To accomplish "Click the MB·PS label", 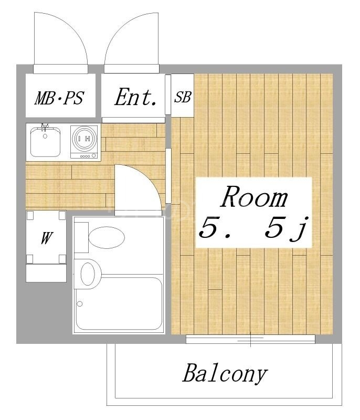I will pyautogui.click(x=59, y=98).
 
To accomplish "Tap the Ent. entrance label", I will pyautogui.click(x=136, y=98).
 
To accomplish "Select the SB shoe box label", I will pyautogui.click(x=183, y=97).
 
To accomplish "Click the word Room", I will pyautogui.click(x=255, y=198).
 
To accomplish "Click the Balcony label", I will pyautogui.click(x=225, y=374).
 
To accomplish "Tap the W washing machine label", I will pyautogui.click(x=46, y=238).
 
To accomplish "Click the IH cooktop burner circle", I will pyautogui.click(x=84, y=138).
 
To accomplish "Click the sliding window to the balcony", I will pyautogui.click(x=251, y=340).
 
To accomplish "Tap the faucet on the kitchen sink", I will pyautogui.click(x=45, y=128).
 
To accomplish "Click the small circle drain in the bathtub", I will pyautogui.click(x=80, y=303).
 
